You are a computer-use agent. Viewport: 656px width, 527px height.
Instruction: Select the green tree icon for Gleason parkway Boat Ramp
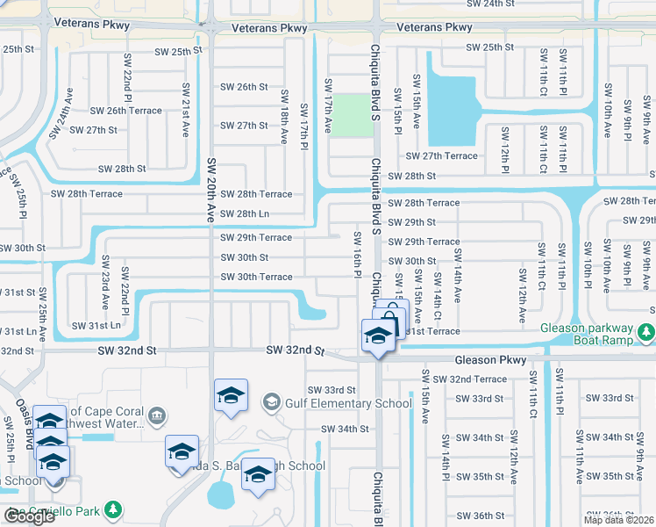point(646,332)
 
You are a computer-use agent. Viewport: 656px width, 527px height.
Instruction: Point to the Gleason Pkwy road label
point(490,360)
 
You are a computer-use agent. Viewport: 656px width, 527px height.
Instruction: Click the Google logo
point(29,517)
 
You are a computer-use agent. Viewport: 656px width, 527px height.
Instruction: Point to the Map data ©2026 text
point(619,520)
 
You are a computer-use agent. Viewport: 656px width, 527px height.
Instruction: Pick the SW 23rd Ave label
point(105,282)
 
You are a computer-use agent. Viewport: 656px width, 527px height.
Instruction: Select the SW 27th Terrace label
point(441,156)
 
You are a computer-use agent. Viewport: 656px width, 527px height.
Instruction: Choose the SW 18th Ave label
point(284,115)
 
